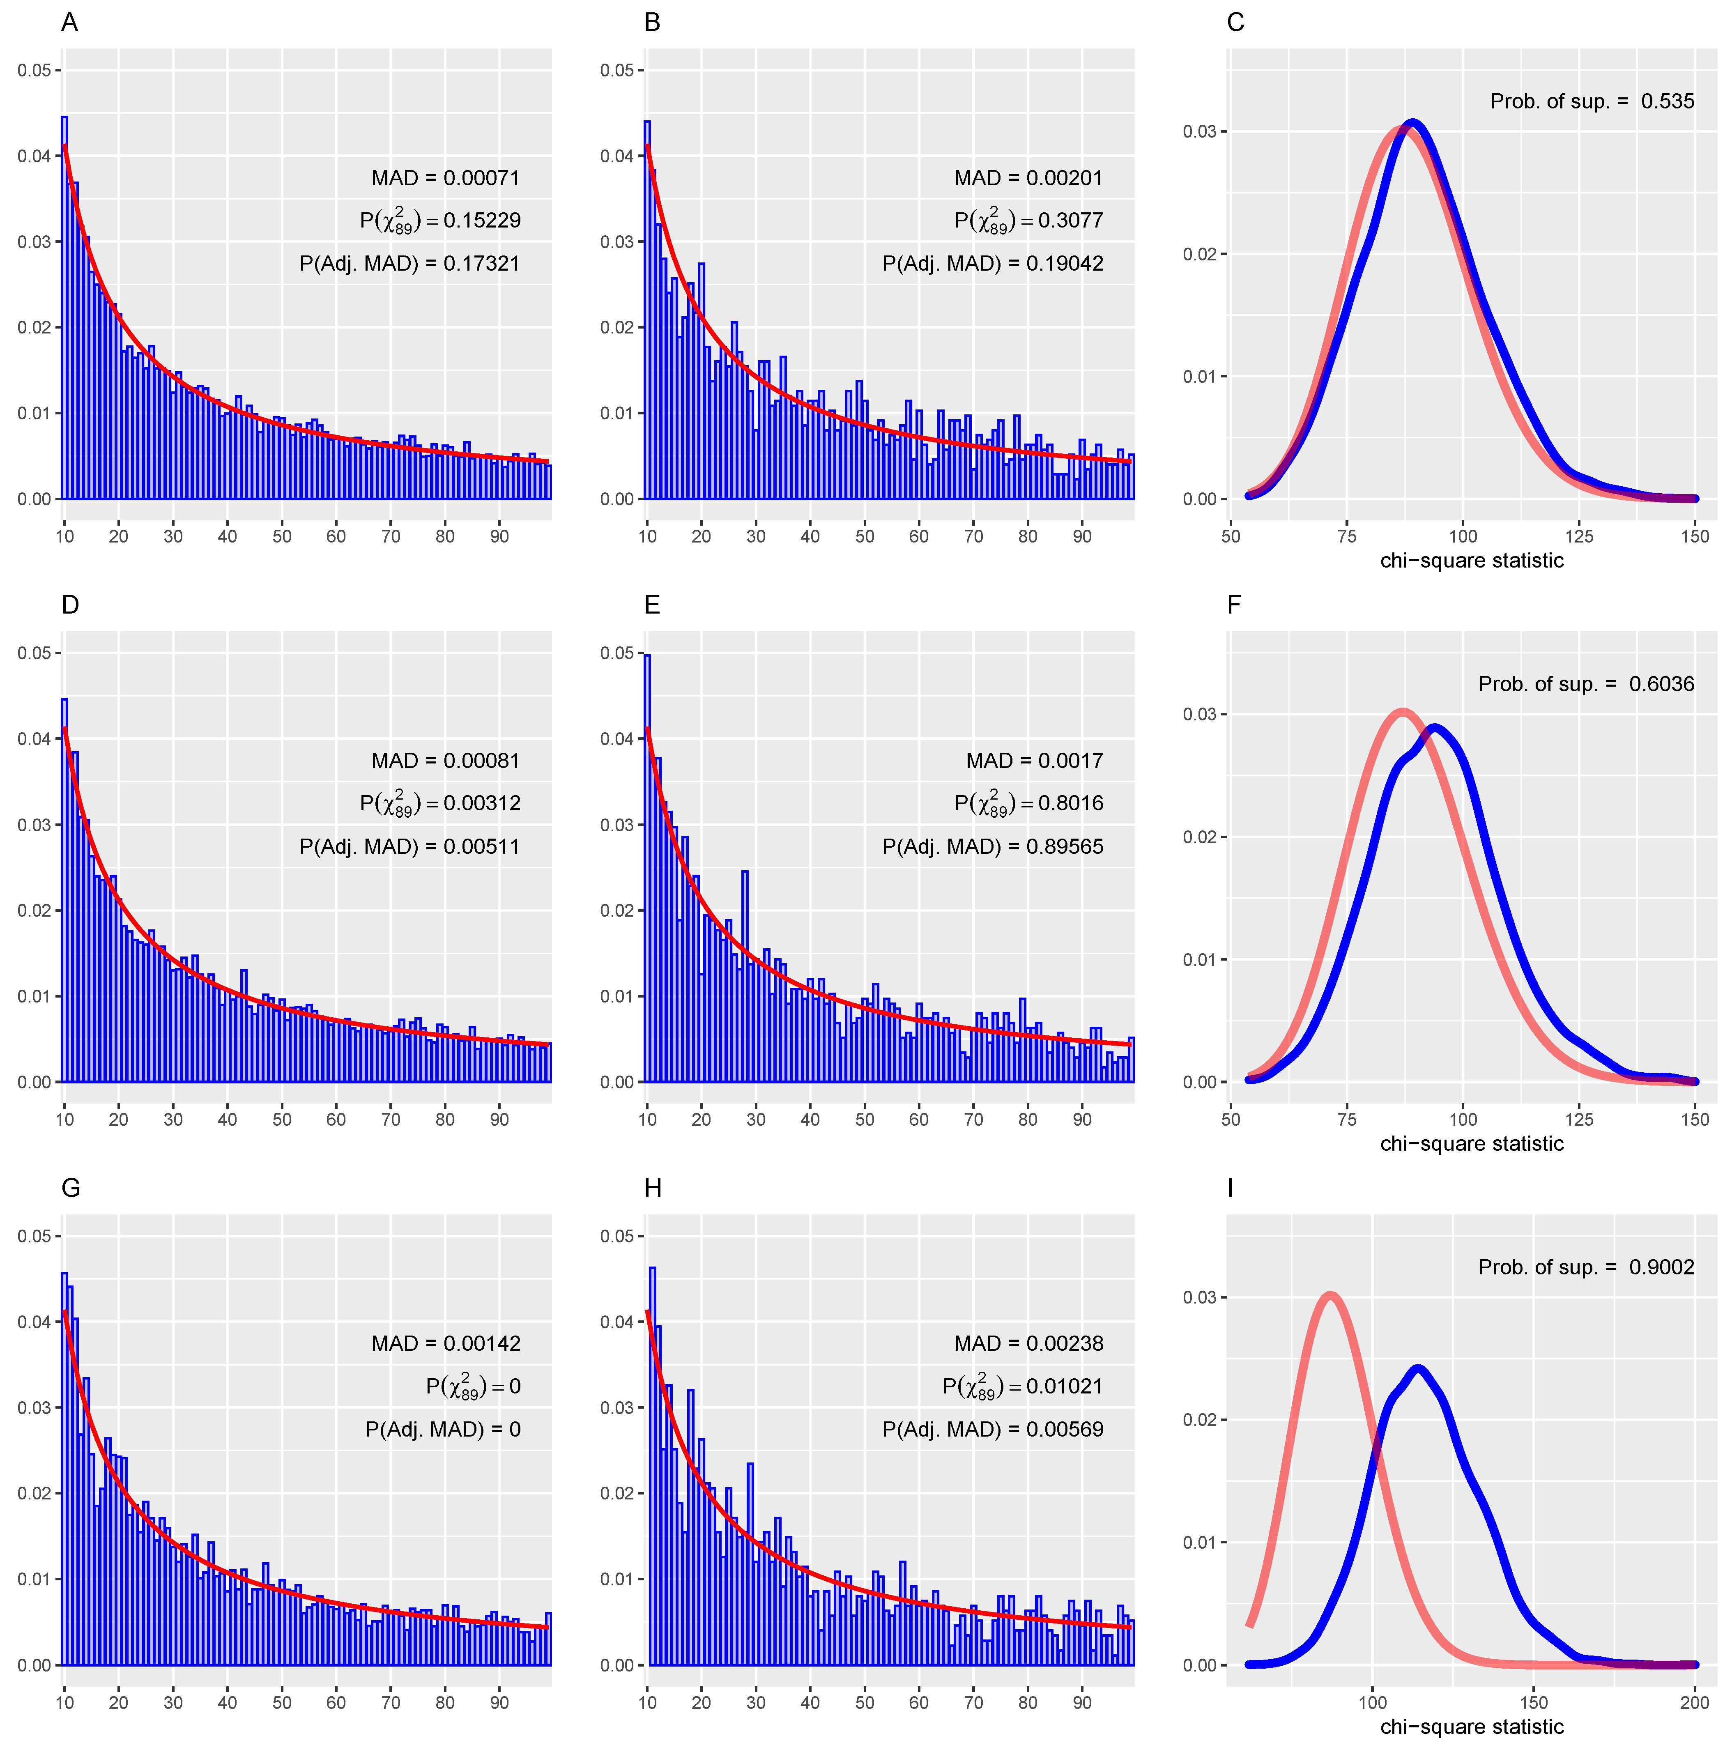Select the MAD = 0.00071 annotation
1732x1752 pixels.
coord(445,178)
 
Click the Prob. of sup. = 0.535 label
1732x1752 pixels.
coord(1592,101)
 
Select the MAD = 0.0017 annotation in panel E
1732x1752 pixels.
coord(1034,761)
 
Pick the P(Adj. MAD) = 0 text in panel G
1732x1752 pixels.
coord(442,1429)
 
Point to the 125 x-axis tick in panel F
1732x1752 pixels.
coord(1579,1119)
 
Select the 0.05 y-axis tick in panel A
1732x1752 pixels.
coord(35,71)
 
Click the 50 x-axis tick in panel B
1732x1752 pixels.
coord(864,536)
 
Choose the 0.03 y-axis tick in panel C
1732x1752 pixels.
coord(1199,131)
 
